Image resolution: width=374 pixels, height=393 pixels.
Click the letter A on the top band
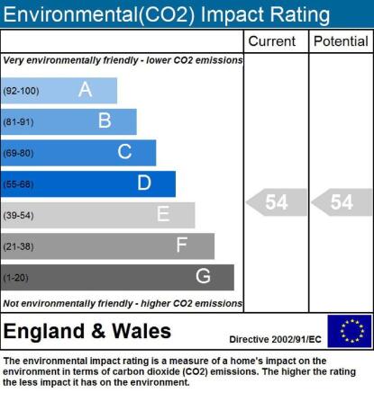85,89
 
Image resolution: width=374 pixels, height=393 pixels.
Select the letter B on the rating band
105,121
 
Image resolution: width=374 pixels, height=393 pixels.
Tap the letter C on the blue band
124,152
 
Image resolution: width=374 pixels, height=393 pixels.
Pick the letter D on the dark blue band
144,183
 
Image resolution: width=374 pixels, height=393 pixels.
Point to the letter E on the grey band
163,214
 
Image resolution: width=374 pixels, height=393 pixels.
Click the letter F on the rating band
182,245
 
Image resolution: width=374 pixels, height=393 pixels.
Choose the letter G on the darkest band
203,276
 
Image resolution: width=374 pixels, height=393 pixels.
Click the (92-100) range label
21,91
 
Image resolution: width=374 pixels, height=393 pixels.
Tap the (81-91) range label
18,122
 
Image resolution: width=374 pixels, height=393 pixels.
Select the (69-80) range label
18,153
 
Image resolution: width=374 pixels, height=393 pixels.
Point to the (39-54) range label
18,216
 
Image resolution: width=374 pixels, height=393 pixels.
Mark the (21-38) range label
18,246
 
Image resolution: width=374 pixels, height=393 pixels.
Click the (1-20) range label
15,278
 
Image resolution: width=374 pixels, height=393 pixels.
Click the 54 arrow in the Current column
277,202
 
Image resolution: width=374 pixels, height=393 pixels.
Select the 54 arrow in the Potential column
342,202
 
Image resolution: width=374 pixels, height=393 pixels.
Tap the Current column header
272,41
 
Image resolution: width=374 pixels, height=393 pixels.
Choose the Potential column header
341,41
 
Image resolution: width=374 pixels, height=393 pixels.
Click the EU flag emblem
350,331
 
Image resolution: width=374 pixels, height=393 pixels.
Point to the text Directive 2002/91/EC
275,339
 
